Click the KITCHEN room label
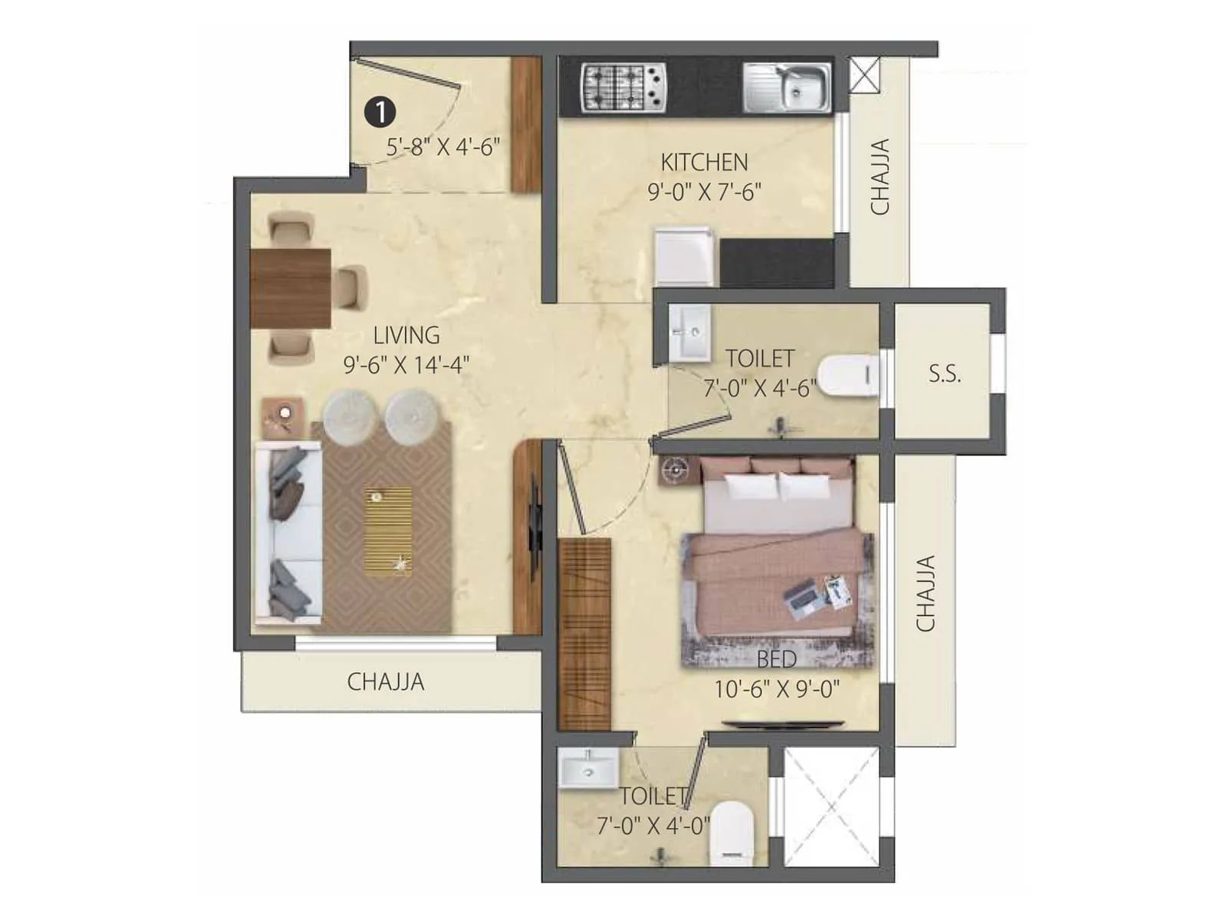tap(704, 163)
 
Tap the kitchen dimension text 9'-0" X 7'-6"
tap(704, 192)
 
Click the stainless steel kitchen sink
tap(787, 87)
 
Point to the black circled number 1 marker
tap(380, 112)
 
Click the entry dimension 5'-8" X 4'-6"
tap(443, 146)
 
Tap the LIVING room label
tap(406, 336)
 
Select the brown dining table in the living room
tap(291, 287)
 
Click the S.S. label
tap(944, 374)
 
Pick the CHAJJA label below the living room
tap(385, 682)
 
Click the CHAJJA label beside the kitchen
tap(880, 176)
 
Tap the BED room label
tap(776, 659)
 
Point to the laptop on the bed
tap(801, 600)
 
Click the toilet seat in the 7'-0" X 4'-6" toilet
tap(849, 376)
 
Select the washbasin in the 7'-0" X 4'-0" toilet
tap(588, 769)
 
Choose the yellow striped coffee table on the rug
tap(388, 531)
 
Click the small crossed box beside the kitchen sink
tap(865, 75)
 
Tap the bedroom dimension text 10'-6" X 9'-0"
tap(776, 689)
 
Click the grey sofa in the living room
tap(288, 533)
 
